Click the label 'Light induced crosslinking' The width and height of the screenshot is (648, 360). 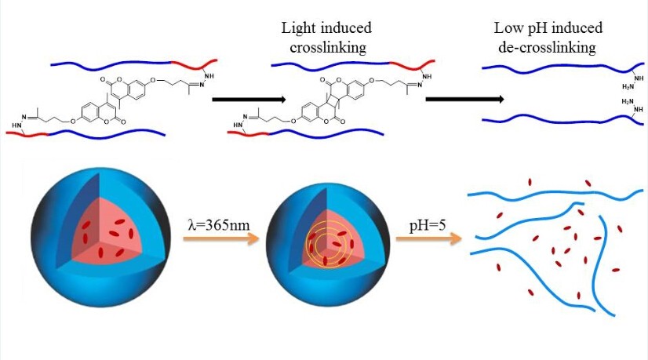click(x=326, y=37)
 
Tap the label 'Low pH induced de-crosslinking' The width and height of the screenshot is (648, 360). click(x=544, y=37)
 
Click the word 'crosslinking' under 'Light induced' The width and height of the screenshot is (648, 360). click(x=326, y=46)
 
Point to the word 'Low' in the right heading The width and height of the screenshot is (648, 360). click(x=508, y=27)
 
